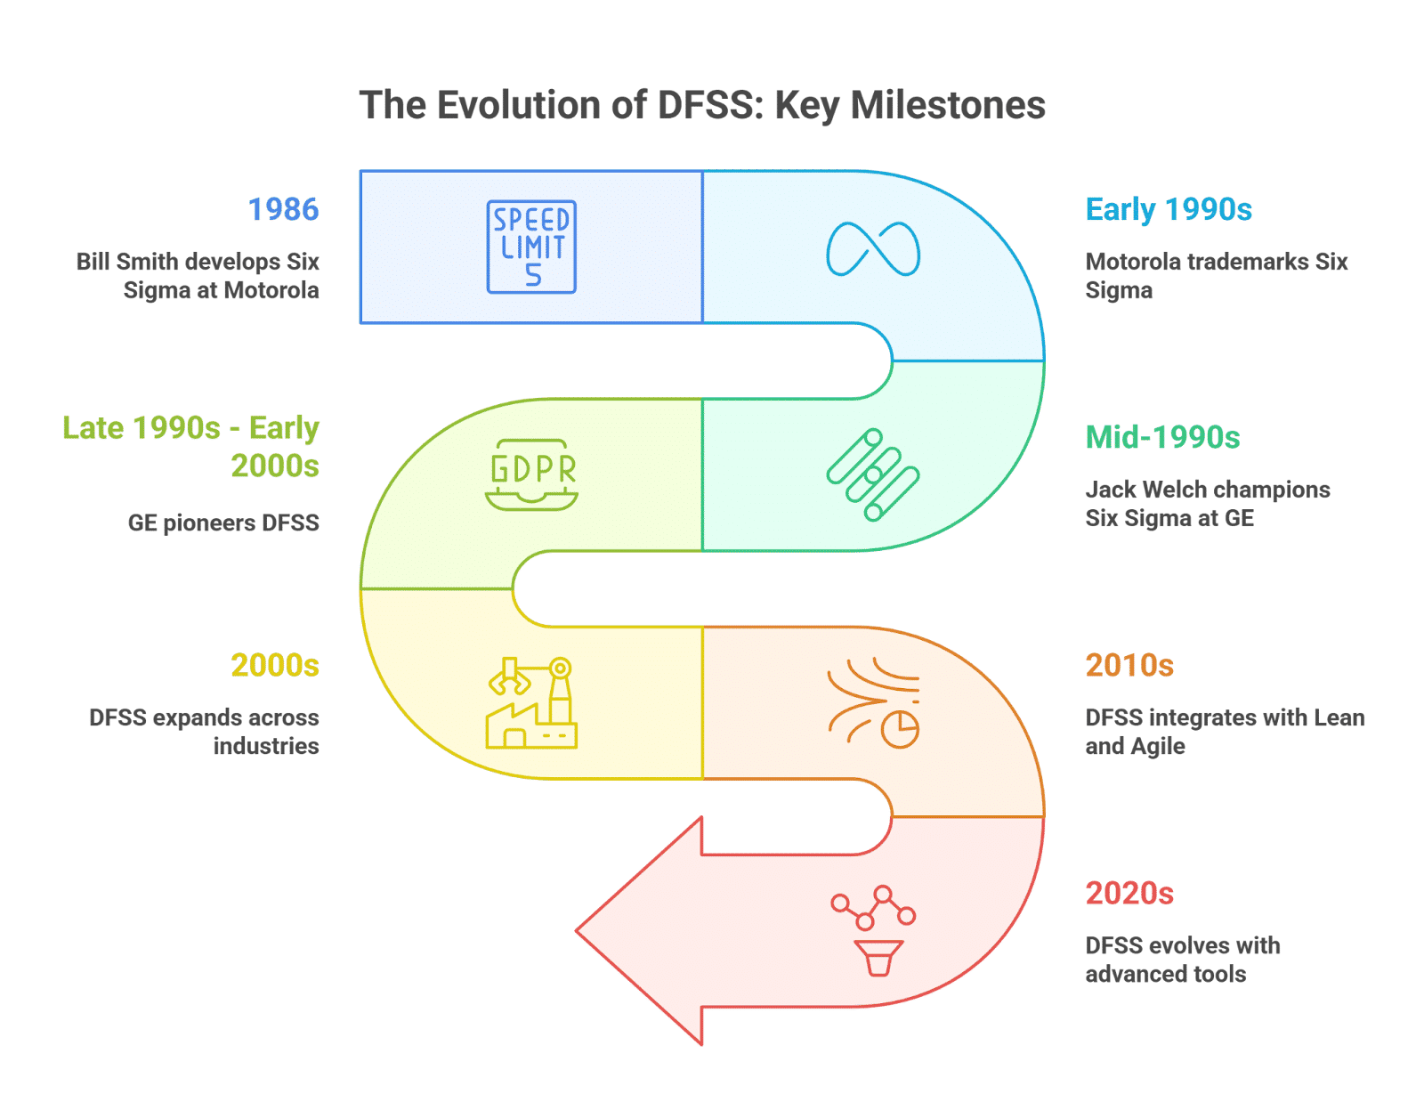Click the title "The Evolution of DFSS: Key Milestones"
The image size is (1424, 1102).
tap(701, 106)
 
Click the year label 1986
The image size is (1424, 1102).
tap(283, 210)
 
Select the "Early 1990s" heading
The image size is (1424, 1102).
tap(1169, 210)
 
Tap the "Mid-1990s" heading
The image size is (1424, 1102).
tap(1162, 437)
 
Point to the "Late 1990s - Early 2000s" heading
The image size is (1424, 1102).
tap(190, 447)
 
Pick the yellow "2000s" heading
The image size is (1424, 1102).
tap(275, 665)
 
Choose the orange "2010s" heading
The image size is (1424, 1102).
tap(1129, 665)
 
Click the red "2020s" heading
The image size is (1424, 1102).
tap(1129, 893)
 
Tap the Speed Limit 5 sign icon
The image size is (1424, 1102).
tap(530, 247)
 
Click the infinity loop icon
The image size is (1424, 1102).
tap(873, 249)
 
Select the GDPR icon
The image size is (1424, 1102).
tap(531, 474)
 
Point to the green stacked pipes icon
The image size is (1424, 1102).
tap(873, 474)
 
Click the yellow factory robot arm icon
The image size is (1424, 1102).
tap(531, 702)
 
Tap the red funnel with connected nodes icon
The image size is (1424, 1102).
tap(874, 930)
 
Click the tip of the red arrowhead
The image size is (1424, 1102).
tap(576, 930)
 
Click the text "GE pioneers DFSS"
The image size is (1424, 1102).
tap(223, 523)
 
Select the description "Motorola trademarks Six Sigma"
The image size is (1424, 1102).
tap(1217, 275)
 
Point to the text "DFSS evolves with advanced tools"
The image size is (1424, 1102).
tap(1182, 960)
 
